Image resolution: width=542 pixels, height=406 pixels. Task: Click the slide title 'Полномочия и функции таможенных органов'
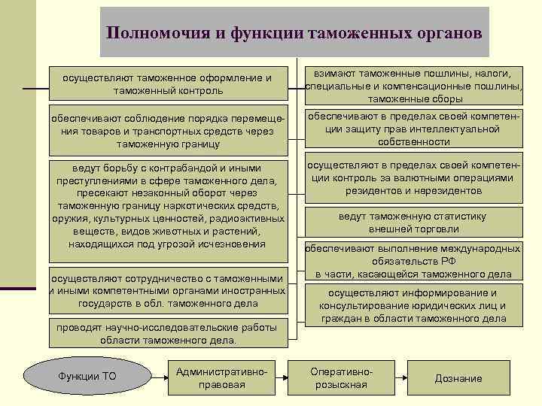[x=294, y=33]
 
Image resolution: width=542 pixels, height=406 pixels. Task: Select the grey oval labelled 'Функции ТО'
[x=87, y=377]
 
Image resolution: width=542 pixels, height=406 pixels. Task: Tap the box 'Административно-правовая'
[x=221, y=377]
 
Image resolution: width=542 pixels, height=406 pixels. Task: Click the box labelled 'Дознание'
[x=458, y=378]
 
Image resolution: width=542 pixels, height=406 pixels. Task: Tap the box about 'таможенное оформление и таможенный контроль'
[x=168, y=84]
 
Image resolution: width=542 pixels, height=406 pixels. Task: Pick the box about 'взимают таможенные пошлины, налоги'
[x=414, y=85]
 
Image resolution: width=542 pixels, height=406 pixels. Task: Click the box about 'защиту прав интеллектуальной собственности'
[x=414, y=129]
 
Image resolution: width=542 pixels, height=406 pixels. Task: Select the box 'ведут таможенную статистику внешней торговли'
[x=413, y=223]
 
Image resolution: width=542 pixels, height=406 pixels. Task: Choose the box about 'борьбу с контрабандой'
[x=167, y=205]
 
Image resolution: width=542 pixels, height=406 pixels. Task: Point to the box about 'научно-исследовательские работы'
[x=168, y=332]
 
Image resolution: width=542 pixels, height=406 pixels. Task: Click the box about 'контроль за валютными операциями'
[x=414, y=178]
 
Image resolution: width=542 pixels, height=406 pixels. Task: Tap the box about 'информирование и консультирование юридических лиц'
[x=413, y=305]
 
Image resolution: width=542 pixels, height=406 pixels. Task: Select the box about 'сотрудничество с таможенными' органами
[x=167, y=290]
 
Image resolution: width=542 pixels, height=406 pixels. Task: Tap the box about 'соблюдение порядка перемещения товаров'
[x=168, y=131]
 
